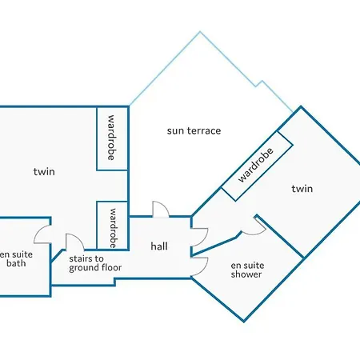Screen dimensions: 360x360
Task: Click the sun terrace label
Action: coord(194,130)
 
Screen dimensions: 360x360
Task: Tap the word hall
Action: coord(159,246)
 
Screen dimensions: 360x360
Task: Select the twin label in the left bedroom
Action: coord(44,171)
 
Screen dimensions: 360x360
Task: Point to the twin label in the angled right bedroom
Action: coord(302,189)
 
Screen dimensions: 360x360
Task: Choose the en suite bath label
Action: coord(16,258)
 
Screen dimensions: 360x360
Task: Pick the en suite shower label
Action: coord(246,270)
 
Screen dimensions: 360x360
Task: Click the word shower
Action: coord(246,274)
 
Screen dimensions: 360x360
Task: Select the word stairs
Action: coord(81,258)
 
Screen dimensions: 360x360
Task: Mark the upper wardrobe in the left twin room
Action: coord(112,138)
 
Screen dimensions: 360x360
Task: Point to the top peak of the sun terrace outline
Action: coord(200,32)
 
